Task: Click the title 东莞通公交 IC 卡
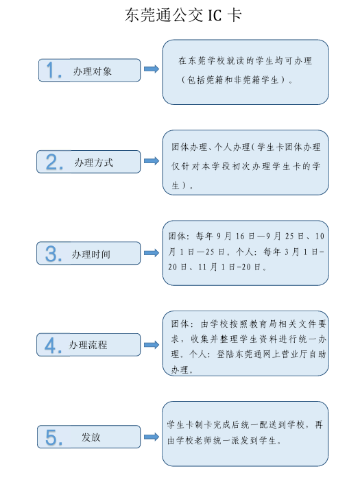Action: pyautogui.click(x=183, y=15)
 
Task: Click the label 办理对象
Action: pyautogui.click(x=93, y=71)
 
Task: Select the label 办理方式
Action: pyautogui.click(x=94, y=162)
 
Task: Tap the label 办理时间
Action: pyautogui.click(x=91, y=254)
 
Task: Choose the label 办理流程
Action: pyautogui.click(x=88, y=344)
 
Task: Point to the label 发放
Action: pyautogui.click(x=91, y=437)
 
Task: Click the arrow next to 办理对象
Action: pyautogui.click(x=152, y=69)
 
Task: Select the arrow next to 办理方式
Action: pyautogui.click(x=152, y=160)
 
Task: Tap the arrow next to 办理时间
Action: pyautogui.click(x=152, y=253)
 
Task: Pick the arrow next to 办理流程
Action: pyautogui.click(x=152, y=344)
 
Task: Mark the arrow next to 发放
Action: pyautogui.click(x=152, y=437)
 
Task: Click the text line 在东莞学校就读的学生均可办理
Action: pyautogui.click(x=245, y=60)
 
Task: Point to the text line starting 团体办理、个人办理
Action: pyautogui.click(x=246, y=147)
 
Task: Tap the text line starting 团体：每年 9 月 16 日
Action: pyautogui.click(x=246, y=236)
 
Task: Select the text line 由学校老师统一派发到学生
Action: pyautogui.click(x=224, y=441)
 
